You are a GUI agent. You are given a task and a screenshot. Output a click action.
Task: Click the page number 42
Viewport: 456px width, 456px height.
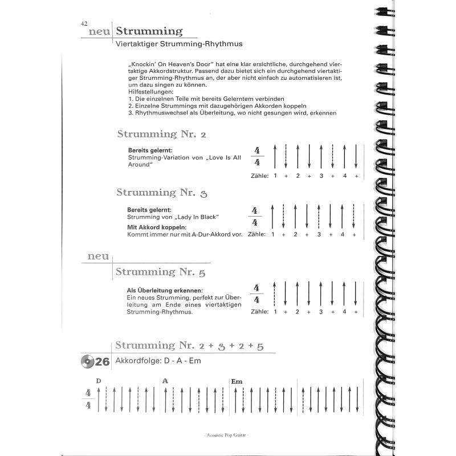tap(84, 23)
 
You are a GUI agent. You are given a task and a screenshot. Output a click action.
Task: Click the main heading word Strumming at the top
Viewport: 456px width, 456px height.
tap(149, 31)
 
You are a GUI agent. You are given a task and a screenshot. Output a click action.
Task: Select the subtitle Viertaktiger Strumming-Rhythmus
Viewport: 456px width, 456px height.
tap(179, 43)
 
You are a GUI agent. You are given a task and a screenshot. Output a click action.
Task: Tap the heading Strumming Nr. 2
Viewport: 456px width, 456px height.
tap(161, 135)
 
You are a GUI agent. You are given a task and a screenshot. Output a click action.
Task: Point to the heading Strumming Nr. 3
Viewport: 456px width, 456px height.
tap(161, 193)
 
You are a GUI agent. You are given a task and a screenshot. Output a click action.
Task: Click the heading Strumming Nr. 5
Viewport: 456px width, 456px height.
tap(160, 272)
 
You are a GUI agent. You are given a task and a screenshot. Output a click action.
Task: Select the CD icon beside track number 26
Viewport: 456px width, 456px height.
tap(87, 360)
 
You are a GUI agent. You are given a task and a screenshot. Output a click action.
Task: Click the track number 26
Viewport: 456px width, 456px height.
tap(103, 361)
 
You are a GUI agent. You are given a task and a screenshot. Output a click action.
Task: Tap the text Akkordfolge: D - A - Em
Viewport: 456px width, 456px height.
tap(158, 361)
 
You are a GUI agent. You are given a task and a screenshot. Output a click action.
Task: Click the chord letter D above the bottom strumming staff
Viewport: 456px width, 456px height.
tap(99, 381)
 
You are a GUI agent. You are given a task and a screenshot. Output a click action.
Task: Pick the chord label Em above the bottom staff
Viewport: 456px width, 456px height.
tap(237, 381)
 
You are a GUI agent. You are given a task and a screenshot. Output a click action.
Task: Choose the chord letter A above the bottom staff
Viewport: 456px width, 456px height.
tap(165, 381)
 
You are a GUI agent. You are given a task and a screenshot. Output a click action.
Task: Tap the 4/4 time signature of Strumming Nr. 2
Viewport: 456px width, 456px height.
tap(258, 156)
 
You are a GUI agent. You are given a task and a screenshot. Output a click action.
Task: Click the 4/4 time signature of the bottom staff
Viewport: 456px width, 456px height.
tap(88, 399)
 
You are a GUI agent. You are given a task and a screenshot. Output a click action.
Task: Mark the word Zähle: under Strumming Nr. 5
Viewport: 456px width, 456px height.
tap(259, 312)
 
